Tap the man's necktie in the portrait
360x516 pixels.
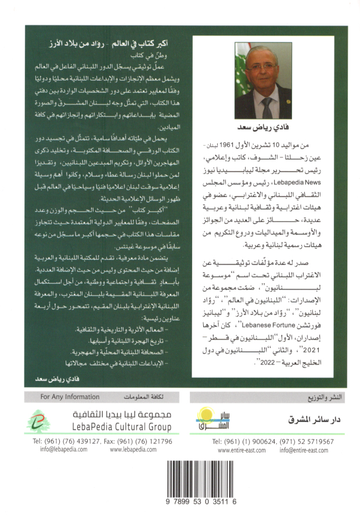266,107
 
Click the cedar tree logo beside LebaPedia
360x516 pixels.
39,421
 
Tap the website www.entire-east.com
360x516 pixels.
240,450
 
